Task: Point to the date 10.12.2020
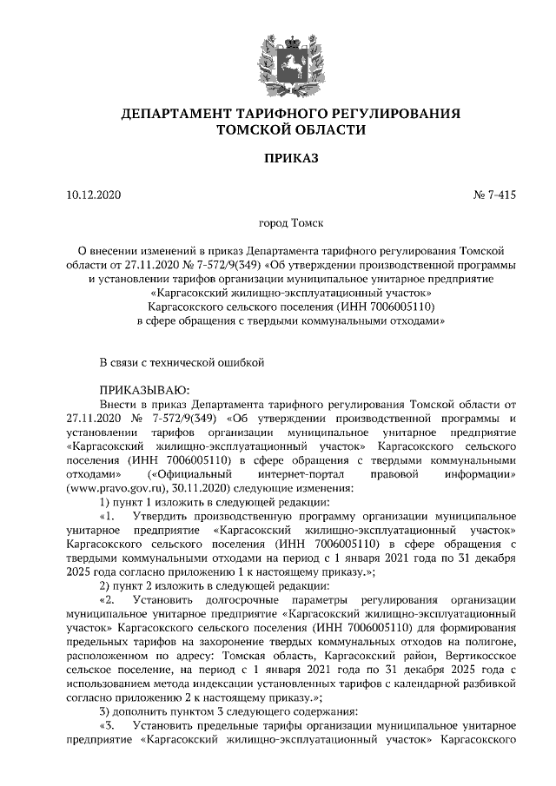click(96, 195)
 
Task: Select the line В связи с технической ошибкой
click(181, 360)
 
